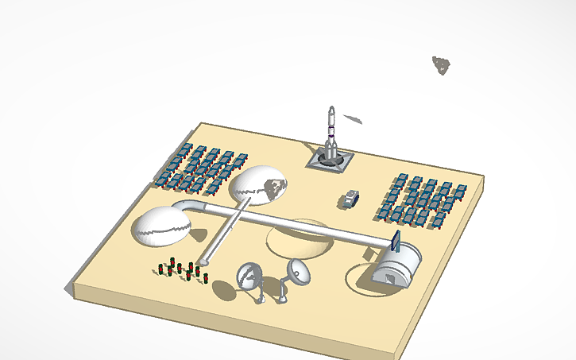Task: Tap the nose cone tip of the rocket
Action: coord(331,108)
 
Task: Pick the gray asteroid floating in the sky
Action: coord(441,64)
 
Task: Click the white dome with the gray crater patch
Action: coord(257,187)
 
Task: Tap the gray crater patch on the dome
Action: coord(275,188)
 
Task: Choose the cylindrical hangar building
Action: coord(396,265)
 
